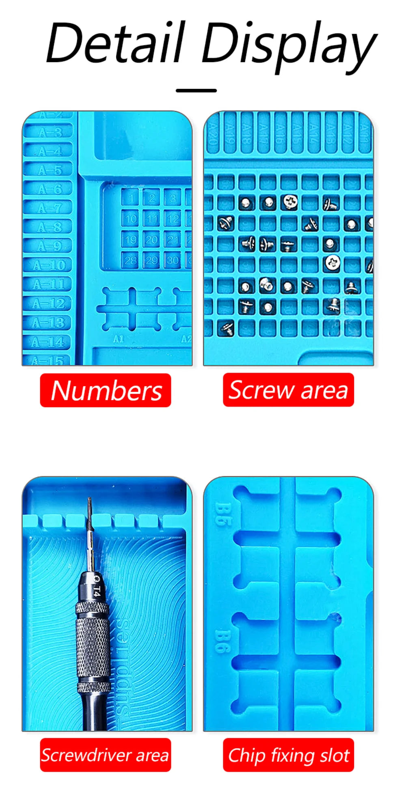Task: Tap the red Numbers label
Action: click(x=106, y=390)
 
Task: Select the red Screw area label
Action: click(x=288, y=390)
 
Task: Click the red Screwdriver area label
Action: click(x=106, y=755)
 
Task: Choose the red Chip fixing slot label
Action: click(x=288, y=755)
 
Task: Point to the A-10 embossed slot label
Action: click(x=49, y=265)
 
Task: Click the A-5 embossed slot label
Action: click(x=50, y=170)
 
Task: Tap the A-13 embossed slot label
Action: click(x=48, y=323)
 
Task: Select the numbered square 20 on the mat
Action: click(x=152, y=240)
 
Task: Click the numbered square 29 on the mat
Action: click(x=152, y=260)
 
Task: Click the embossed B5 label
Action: click(x=222, y=514)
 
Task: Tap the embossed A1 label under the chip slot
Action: click(x=118, y=339)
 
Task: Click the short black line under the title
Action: click(x=196, y=90)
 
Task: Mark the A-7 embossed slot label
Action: click(x=50, y=208)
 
